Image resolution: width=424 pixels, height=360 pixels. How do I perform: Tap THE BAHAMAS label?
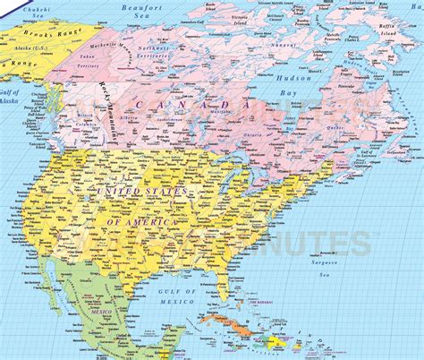coord(265,303)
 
